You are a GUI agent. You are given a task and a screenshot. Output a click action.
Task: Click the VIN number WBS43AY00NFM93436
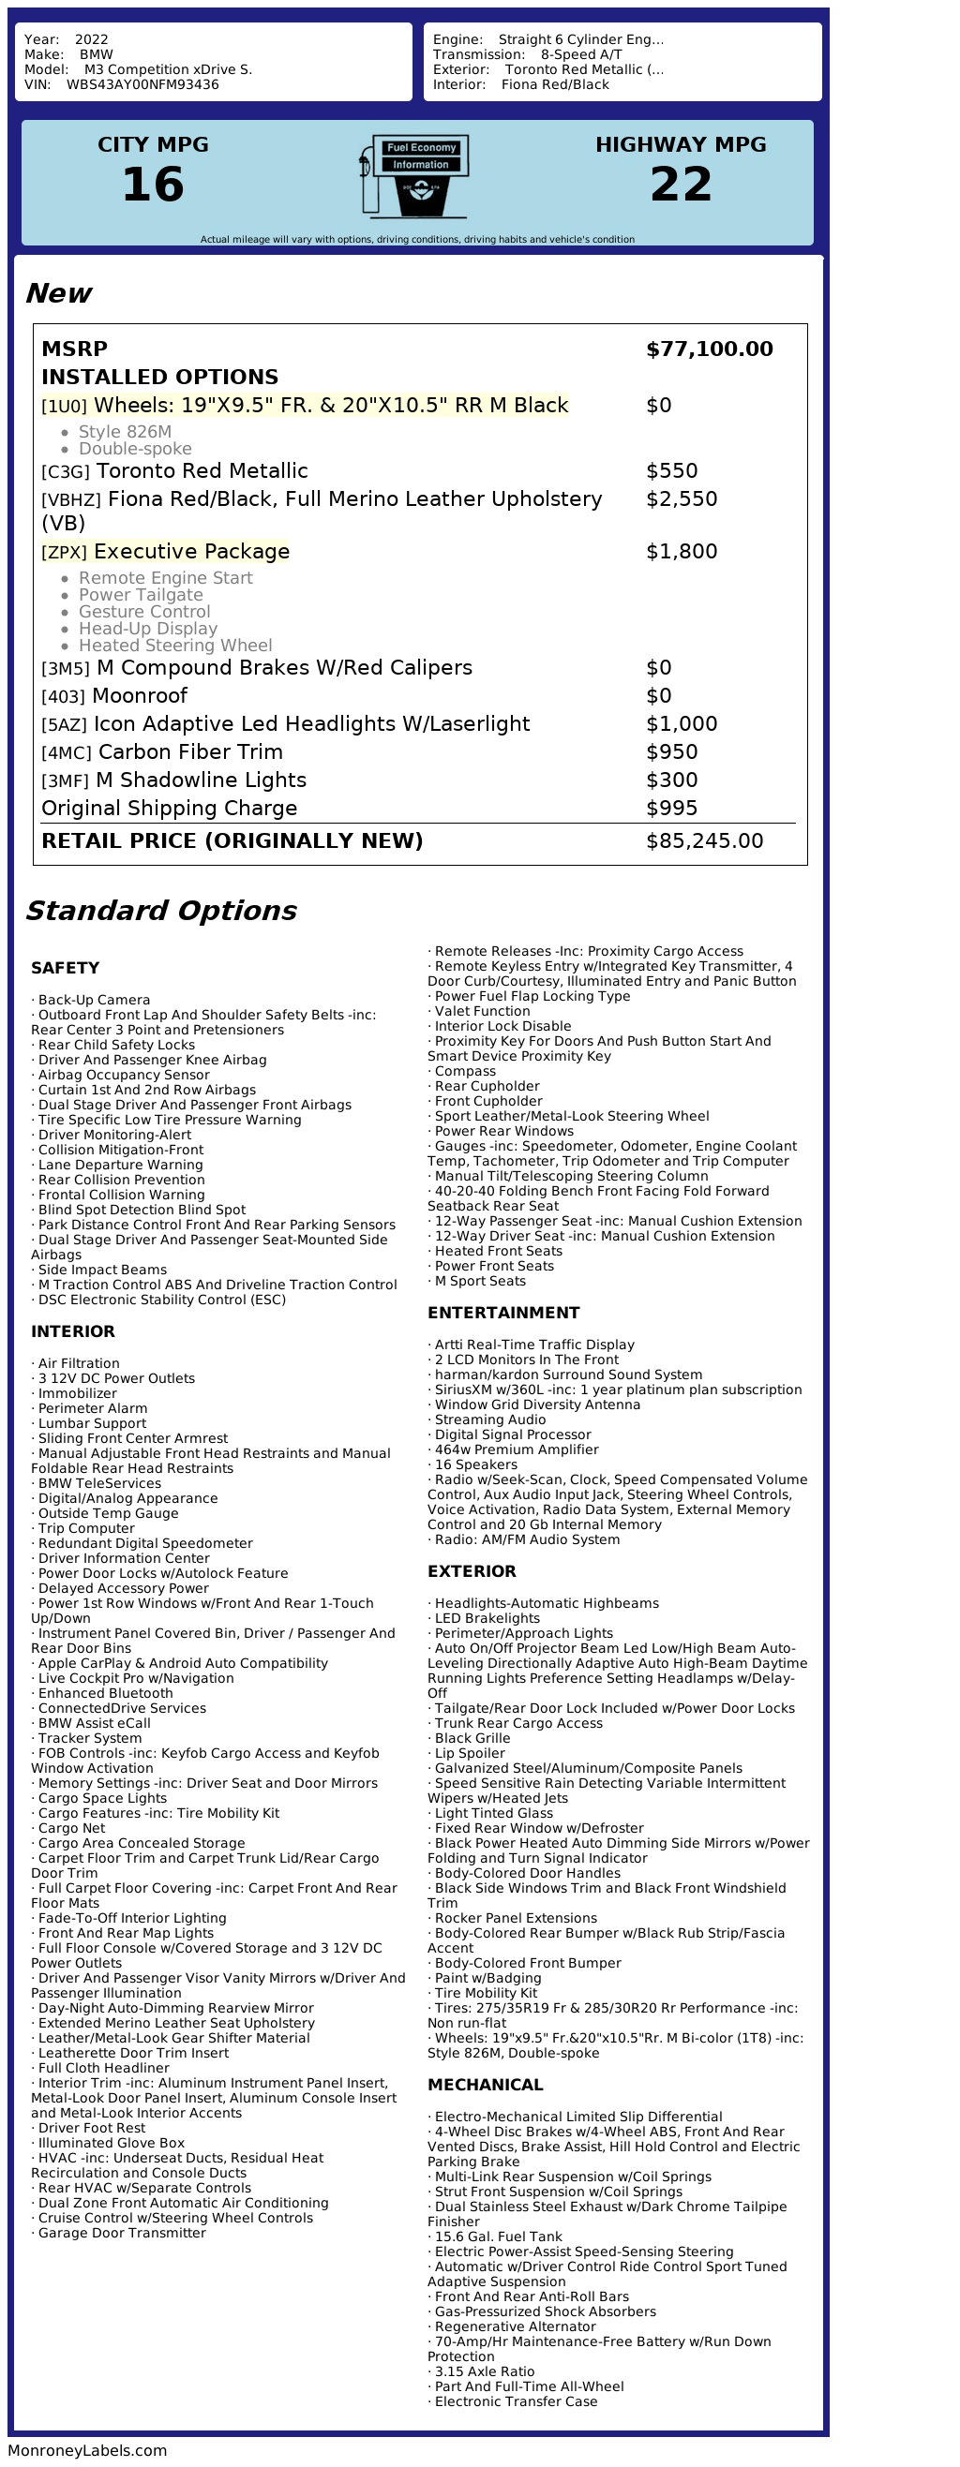pyautogui.click(x=142, y=84)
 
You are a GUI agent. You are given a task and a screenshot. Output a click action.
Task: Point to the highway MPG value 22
pyautogui.click(x=681, y=185)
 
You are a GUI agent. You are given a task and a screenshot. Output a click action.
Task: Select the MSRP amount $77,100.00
pyautogui.click(x=709, y=349)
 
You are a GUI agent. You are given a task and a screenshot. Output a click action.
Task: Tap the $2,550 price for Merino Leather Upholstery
pyautogui.click(x=682, y=499)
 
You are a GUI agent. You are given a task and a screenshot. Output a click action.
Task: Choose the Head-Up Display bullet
pyautogui.click(x=147, y=629)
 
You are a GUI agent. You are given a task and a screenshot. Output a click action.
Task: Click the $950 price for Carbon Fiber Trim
pyautogui.click(x=671, y=751)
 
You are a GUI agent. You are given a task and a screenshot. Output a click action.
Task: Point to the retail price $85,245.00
pyautogui.click(x=704, y=840)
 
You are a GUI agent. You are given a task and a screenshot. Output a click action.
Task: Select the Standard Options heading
pyautogui.click(x=161, y=910)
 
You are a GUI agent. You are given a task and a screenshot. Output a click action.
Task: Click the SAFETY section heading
pyautogui.click(x=65, y=967)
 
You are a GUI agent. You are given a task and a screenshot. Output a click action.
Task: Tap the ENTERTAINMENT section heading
pyautogui.click(x=503, y=1312)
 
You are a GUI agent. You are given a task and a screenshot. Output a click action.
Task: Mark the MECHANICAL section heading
pyautogui.click(x=485, y=2084)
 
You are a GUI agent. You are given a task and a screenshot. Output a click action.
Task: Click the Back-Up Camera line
pyautogui.click(x=94, y=1000)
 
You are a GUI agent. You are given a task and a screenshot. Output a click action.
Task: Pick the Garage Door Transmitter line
pyautogui.click(x=122, y=2233)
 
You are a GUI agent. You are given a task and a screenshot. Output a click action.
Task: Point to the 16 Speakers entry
pyautogui.click(x=475, y=1464)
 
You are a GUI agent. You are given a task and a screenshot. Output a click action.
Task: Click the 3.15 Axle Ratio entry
pyautogui.click(x=484, y=2371)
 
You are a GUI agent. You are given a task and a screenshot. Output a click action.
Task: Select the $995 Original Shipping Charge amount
pyautogui.click(x=671, y=809)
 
